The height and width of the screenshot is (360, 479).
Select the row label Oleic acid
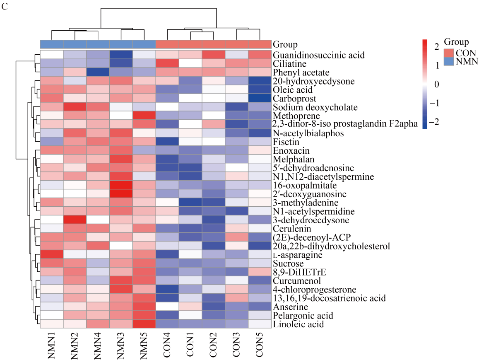[293, 89]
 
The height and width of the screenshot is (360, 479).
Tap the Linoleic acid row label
[298, 324]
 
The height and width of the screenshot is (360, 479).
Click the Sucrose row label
[288, 263]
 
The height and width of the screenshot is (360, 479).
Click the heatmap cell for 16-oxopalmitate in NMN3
[121, 185]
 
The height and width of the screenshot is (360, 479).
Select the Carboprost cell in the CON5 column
[260, 98]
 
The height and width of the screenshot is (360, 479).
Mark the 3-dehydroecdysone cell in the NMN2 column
[75, 220]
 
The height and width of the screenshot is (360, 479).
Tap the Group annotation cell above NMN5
[144, 44]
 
